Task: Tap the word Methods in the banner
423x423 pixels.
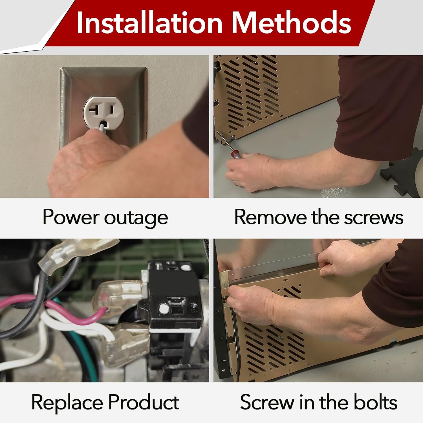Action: [x=291, y=23]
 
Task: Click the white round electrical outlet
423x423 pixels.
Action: [x=103, y=113]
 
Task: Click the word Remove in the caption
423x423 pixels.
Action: [x=270, y=217]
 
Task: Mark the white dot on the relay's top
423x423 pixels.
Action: [x=185, y=268]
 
